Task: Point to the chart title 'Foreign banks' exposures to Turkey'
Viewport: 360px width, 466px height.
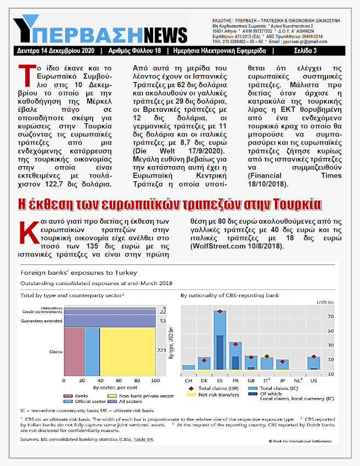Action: [78, 272]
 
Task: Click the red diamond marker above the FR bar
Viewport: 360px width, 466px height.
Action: [235, 344]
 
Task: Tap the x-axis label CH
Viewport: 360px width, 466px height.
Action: [189, 379]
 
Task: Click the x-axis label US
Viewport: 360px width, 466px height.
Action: [314, 379]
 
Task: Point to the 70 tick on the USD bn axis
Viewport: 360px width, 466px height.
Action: [330, 316]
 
